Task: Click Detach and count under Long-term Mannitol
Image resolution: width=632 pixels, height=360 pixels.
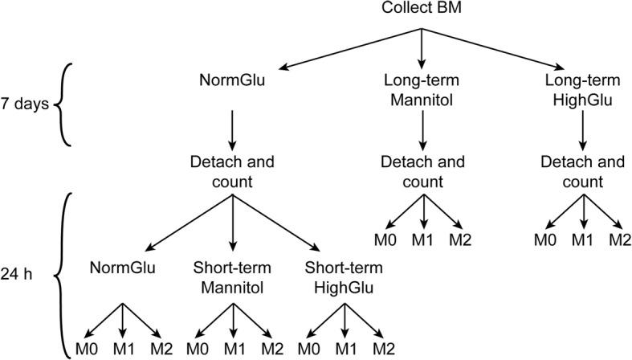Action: (422, 170)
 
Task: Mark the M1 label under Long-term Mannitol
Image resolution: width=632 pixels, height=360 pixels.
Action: (422, 239)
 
